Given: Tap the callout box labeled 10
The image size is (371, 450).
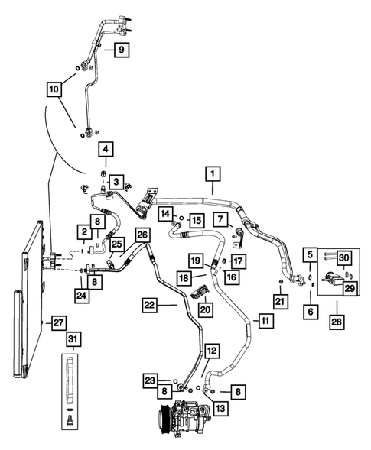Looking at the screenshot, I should (54, 90).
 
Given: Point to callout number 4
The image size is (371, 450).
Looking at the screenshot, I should (106, 148).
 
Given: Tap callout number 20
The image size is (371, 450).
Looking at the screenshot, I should (205, 309).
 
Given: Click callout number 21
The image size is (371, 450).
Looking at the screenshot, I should (282, 305).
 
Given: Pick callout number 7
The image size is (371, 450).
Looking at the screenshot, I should (220, 220).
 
